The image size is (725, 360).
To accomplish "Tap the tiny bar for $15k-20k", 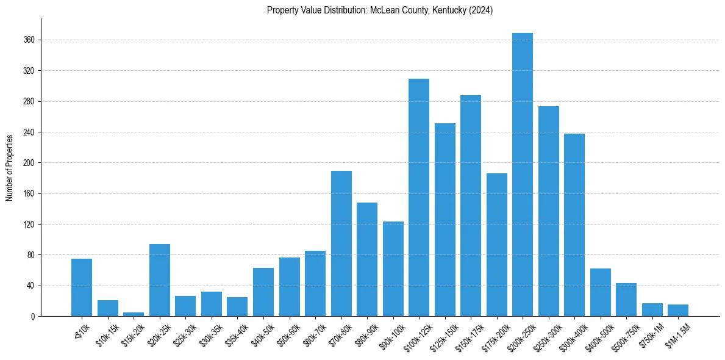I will tap(134, 314).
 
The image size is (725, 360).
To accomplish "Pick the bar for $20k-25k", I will tap(160, 280).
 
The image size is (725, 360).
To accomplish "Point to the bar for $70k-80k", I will tap(341, 243).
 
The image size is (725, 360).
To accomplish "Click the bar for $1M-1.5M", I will tap(678, 310).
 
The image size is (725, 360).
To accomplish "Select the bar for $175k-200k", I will tap(497, 245).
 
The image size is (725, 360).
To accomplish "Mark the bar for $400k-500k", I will tap(601, 292).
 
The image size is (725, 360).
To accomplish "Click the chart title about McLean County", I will tap(380, 10).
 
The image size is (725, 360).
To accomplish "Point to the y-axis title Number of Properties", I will tap(10, 167).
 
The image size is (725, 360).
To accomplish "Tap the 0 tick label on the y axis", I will tap(33, 317).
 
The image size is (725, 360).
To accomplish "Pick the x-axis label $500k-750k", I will tap(623, 334).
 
